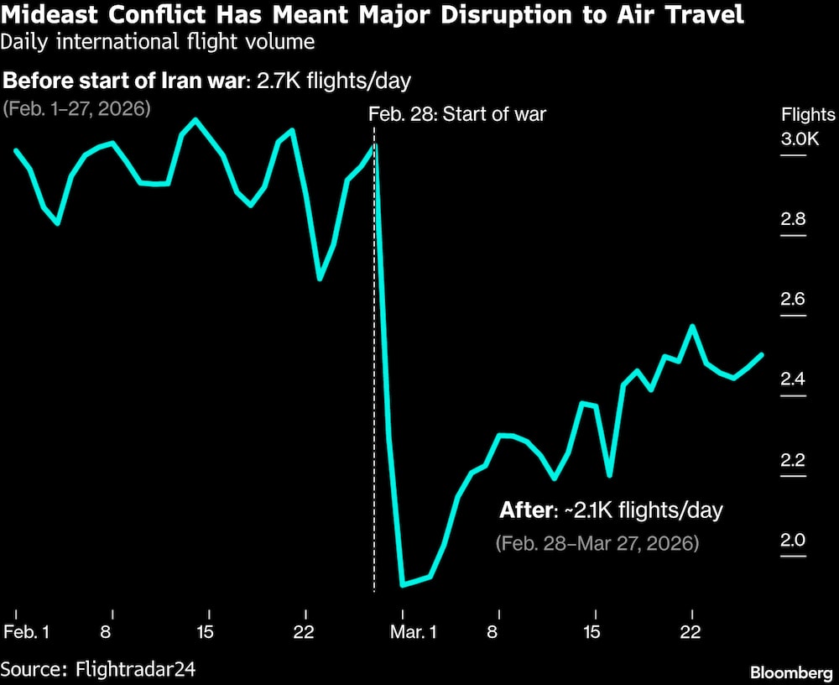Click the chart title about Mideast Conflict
(x=373, y=15)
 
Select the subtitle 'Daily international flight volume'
(x=159, y=40)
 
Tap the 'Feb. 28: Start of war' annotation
(x=457, y=113)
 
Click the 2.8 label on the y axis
(x=793, y=220)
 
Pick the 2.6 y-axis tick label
(x=793, y=301)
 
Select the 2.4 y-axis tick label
(x=793, y=380)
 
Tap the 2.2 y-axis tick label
(x=793, y=461)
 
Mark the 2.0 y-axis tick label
(x=793, y=541)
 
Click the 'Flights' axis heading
(x=808, y=115)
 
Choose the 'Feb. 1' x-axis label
(x=26, y=631)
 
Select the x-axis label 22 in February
(x=305, y=631)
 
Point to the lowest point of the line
(x=404, y=584)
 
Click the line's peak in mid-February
(x=195, y=120)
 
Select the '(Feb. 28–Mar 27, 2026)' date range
(x=597, y=543)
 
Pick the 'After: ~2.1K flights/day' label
(x=611, y=510)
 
